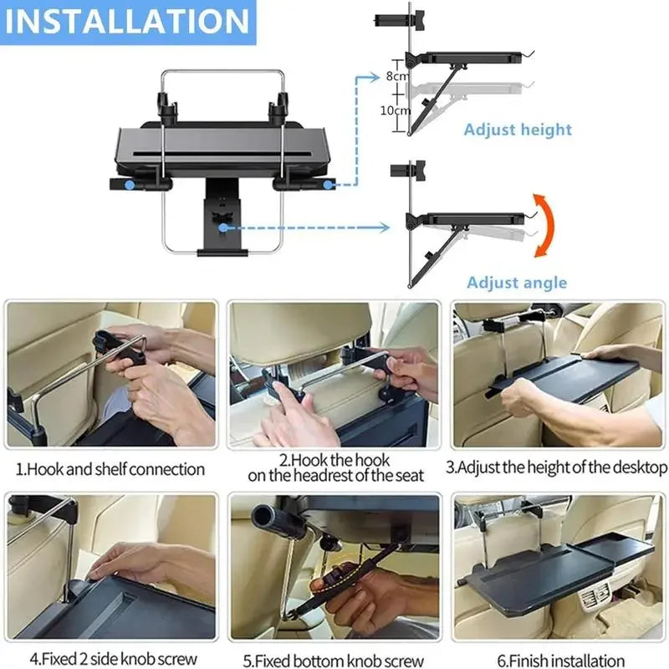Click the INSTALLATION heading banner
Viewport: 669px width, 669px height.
pyautogui.click(x=128, y=21)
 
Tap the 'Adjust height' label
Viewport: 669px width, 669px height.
pyautogui.click(x=518, y=129)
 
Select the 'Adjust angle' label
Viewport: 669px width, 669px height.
pyautogui.click(x=517, y=282)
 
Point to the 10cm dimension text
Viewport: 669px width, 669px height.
pyautogui.click(x=396, y=110)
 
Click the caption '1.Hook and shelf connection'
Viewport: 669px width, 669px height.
pyautogui.click(x=109, y=469)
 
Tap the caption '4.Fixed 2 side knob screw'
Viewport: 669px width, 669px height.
pyautogui.click(x=109, y=661)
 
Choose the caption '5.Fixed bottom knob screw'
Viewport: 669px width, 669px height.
pyautogui.click(x=334, y=661)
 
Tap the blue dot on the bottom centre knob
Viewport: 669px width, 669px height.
pyautogui.click(x=222, y=226)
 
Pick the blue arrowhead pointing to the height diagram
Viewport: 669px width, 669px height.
pyautogui.click(x=366, y=75)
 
